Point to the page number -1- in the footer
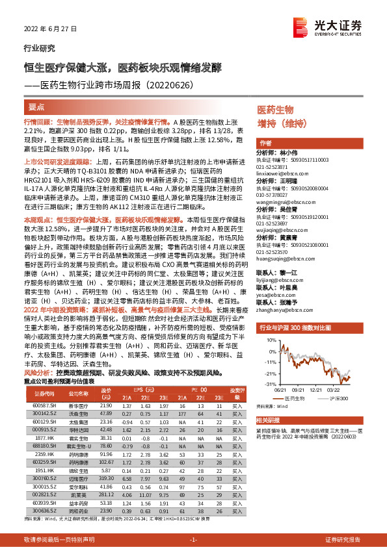pos(193,540)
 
